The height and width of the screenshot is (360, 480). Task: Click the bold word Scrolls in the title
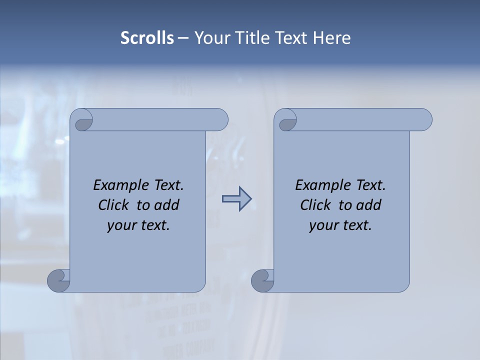pos(147,38)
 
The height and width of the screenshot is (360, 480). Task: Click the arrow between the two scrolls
pos(236,198)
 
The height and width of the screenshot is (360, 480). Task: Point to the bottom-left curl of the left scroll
pos(58,280)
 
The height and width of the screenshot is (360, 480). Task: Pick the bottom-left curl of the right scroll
pos(262,280)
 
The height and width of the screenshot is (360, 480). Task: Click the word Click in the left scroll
pos(113,205)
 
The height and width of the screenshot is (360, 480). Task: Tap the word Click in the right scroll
pos(315,205)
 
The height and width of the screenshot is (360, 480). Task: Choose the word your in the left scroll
pos(119,225)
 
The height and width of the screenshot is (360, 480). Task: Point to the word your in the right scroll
pos(321,225)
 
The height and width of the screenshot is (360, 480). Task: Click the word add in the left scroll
pos(167,205)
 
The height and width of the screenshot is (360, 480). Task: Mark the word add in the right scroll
pos(369,205)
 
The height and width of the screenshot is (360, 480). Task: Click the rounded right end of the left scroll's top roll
pos(220,120)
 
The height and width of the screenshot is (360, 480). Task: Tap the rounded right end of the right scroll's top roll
pos(424,120)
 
